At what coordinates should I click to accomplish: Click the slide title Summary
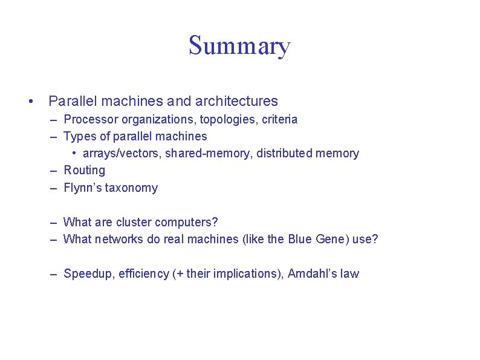click(x=239, y=46)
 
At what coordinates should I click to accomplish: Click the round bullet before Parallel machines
click(x=30, y=101)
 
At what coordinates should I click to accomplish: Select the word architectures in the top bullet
click(x=237, y=101)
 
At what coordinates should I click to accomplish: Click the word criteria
click(x=279, y=119)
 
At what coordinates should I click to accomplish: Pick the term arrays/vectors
click(x=122, y=154)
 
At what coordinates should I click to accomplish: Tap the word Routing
click(x=85, y=171)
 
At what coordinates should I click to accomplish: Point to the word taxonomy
click(x=131, y=188)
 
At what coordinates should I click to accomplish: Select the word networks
click(x=119, y=239)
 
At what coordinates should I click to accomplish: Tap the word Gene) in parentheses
click(x=331, y=239)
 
